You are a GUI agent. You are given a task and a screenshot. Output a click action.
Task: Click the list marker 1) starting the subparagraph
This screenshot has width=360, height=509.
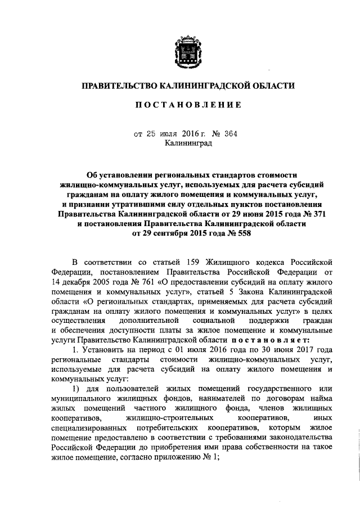pyautogui.click(x=76, y=390)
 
